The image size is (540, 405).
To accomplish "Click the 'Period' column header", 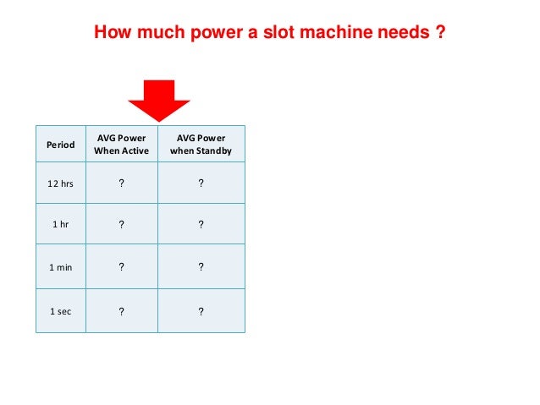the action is pos(60,145).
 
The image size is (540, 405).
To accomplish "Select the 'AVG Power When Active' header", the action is pos(122,145).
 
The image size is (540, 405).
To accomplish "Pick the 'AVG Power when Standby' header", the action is pos(201,145).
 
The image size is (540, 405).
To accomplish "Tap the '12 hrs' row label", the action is pos(60,183).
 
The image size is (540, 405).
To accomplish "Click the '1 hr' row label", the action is pos(60,225).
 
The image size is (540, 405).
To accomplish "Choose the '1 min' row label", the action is pos(60,267).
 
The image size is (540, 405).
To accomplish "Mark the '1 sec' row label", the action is pos(60,310).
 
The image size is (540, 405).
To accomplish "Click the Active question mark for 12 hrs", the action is pos(122,183).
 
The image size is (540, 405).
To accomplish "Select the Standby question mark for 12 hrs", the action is pos(201,183).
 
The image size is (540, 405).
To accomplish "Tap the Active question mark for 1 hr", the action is pos(122,225).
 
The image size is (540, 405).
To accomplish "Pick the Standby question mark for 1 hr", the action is pos(201,225).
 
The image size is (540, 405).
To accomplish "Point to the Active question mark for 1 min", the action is pos(122,267).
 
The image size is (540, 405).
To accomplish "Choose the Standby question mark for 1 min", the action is pos(201,267).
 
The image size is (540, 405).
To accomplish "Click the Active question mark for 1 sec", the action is pos(122,310).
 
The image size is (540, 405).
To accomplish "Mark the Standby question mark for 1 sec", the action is pos(201,310).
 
